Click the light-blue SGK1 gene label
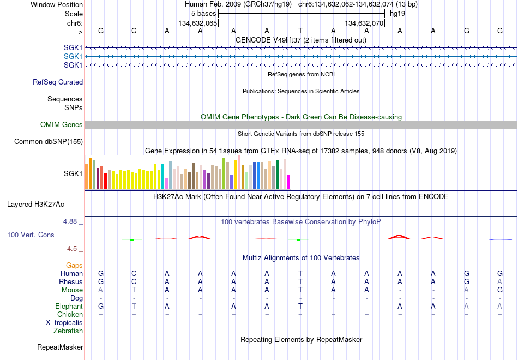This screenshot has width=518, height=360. point(73,57)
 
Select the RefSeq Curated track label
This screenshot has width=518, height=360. point(58,82)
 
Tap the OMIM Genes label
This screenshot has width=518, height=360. point(62,124)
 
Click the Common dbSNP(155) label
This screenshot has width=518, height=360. point(49,141)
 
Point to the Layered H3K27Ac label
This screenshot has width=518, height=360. point(35,205)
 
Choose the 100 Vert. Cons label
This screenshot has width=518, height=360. point(31,235)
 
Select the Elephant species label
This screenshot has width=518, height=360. point(69,306)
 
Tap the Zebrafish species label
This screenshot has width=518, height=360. point(68,331)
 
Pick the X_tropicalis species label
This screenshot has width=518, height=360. point(64,323)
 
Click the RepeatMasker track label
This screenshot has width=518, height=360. point(60,347)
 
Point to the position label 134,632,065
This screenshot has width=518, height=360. point(198,23)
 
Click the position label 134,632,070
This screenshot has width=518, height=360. point(364,23)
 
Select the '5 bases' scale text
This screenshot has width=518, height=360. point(203,14)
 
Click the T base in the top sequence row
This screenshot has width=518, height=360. point(300,31)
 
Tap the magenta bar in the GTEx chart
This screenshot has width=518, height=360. point(288,182)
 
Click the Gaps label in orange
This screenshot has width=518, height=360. point(74,266)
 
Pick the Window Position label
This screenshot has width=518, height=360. point(57,4)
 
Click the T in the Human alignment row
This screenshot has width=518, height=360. point(300,273)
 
